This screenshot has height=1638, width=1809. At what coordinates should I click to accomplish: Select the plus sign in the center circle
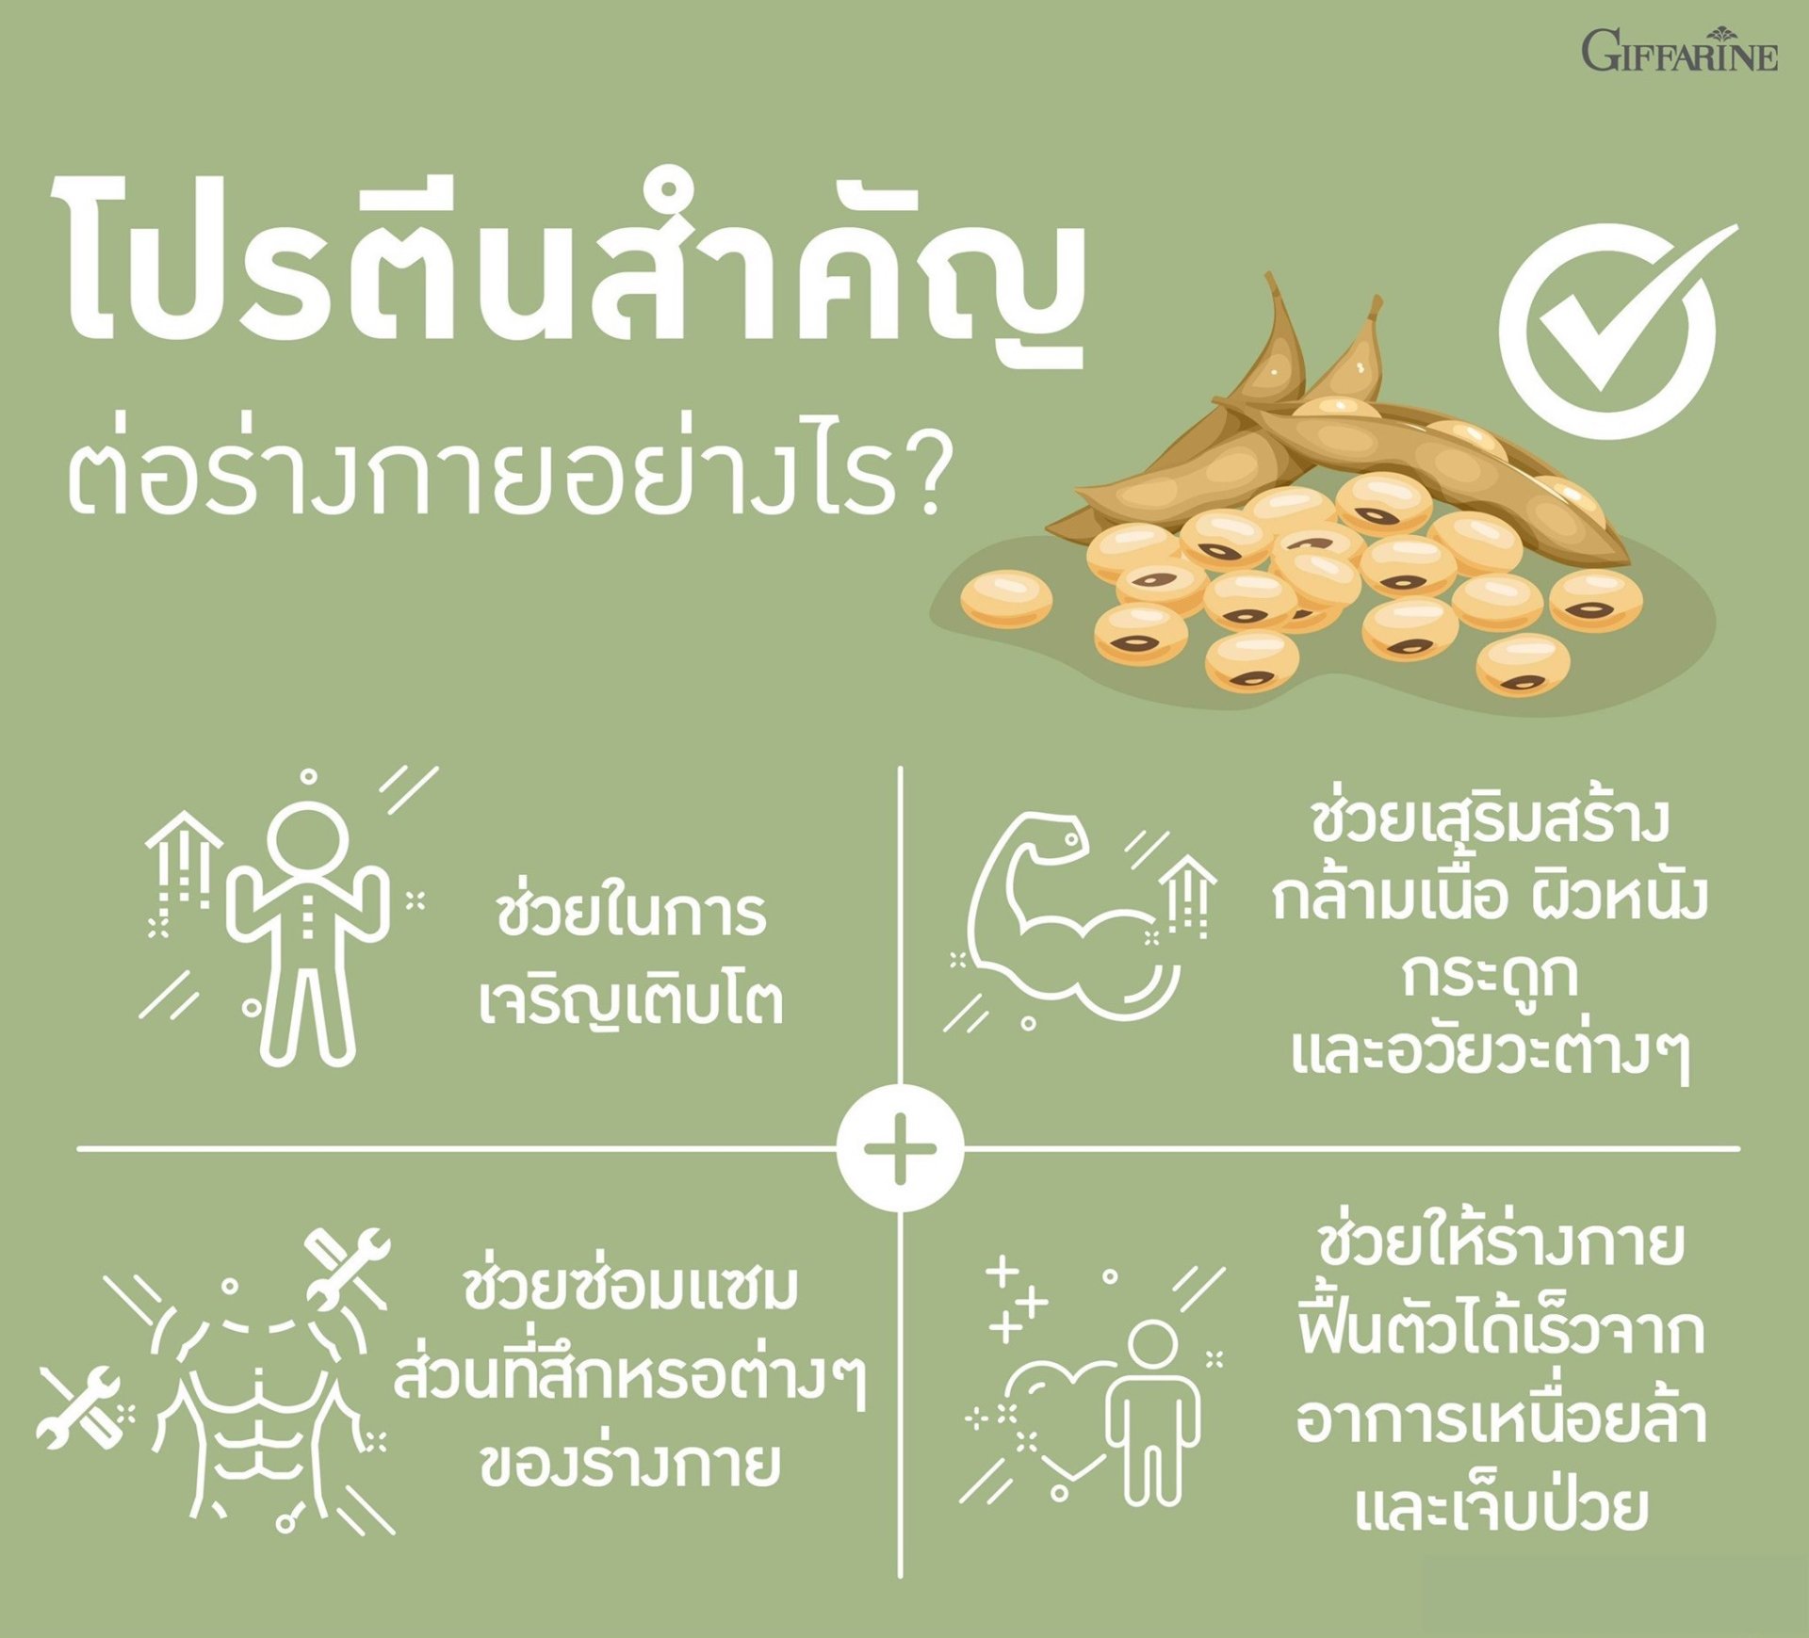point(900,1149)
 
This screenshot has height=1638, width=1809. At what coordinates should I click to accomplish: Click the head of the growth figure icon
point(307,836)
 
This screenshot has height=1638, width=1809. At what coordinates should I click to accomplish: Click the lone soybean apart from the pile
point(1006,598)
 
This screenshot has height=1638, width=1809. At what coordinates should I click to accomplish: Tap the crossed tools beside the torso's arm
point(81,1406)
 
